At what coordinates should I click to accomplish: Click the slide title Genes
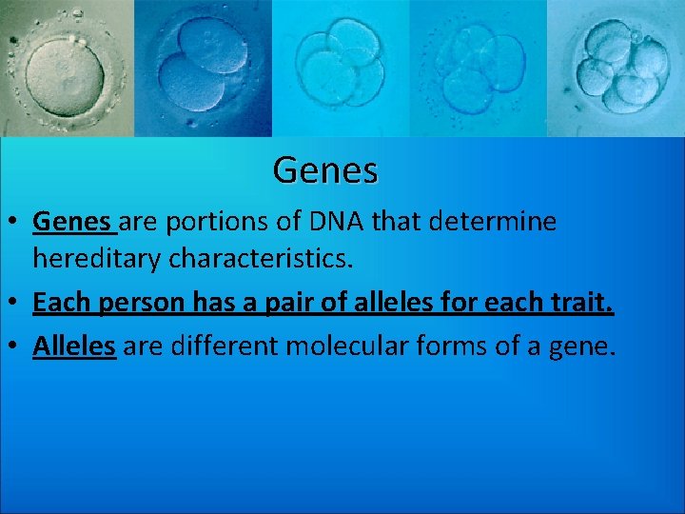pyautogui.click(x=325, y=170)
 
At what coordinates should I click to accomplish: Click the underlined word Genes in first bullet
pyautogui.click(x=71, y=222)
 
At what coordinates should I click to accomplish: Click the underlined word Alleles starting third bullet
pyautogui.click(x=74, y=345)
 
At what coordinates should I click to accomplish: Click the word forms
pyautogui.click(x=460, y=345)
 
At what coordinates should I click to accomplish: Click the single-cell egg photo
pyautogui.click(x=67, y=69)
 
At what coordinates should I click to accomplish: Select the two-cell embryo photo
pyautogui.click(x=203, y=69)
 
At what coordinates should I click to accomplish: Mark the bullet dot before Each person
pyautogui.click(x=14, y=305)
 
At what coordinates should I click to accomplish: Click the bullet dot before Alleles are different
pyautogui.click(x=14, y=346)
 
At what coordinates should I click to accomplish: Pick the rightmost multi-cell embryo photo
pyautogui.click(x=616, y=69)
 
